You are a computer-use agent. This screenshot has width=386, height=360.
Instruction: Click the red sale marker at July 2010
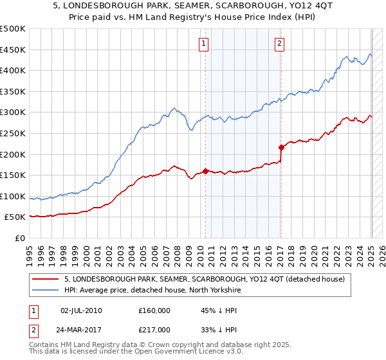point(206,171)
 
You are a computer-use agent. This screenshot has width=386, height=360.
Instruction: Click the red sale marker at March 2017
point(281,147)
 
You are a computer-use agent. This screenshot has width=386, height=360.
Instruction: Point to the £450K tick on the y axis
point(13,50)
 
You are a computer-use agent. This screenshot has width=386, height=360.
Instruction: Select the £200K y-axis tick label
point(13,154)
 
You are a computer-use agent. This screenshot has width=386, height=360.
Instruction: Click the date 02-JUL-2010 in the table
point(81,310)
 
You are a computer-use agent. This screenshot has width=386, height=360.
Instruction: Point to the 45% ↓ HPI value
point(217,310)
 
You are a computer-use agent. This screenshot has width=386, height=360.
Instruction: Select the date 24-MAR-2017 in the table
point(81,329)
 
